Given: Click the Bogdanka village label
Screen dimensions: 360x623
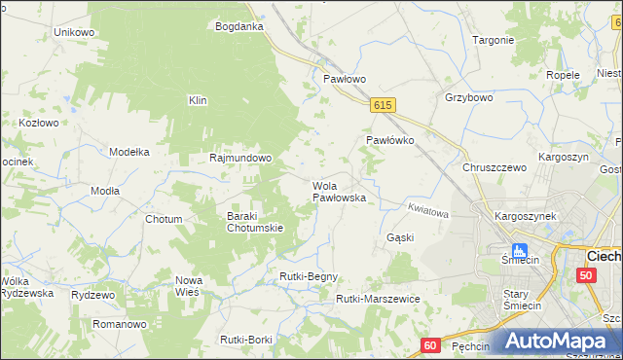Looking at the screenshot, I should coord(238,26).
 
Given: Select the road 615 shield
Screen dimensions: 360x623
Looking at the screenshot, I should coord(382,105).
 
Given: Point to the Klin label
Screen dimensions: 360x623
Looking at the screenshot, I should coord(198,100).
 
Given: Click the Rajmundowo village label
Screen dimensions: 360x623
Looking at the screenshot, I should coord(240,157).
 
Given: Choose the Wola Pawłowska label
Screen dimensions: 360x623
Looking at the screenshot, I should coord(338,192).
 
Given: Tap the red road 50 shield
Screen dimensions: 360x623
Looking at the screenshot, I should coord(585,275).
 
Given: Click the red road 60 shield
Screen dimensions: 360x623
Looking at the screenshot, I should coord(431,344).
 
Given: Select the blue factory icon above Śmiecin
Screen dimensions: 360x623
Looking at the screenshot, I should coord(519,250).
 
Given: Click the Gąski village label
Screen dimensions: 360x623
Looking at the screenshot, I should coord(400,237).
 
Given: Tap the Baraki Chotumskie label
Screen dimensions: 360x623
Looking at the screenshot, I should coord(255,222).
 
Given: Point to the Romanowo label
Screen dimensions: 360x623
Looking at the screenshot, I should coord(119,323).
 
